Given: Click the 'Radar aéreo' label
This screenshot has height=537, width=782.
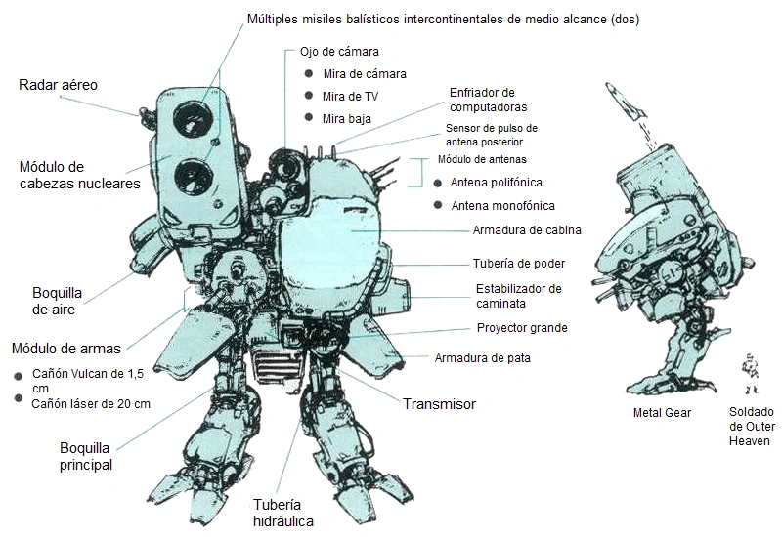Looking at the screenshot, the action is pos(58,86).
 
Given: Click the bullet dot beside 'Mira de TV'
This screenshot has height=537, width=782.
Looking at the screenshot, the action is pos(308,96).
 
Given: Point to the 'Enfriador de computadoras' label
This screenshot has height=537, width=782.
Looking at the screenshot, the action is pos(488,100).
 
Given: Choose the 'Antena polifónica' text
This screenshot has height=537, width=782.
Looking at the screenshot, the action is pos(497,183).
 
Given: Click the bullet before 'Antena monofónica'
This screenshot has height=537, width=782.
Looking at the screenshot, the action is pos(437,205).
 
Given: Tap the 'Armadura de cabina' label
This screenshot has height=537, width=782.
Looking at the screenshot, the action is pos(527,230).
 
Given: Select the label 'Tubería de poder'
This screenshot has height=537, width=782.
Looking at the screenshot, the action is pos(518,263).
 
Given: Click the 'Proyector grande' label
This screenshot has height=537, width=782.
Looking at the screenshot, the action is pos(521,328).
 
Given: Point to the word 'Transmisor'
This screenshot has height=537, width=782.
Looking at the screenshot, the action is pos(439,403).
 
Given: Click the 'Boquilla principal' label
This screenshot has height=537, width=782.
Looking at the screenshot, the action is pos(85,456).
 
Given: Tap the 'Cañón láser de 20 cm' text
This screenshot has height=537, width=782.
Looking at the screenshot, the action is pos(91,402).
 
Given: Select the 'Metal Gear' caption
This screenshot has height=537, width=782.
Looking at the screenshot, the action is pos(662,413).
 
